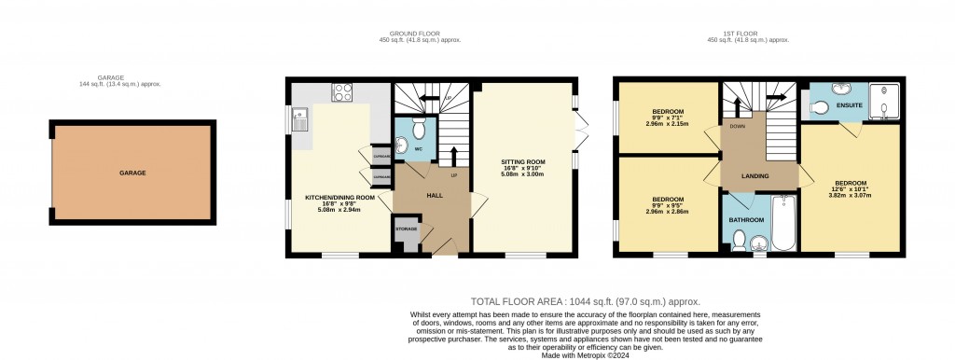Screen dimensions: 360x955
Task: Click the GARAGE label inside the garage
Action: [x=132, y=173]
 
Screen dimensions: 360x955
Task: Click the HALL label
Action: [x=435, y=195]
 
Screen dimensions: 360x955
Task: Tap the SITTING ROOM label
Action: [x=523, y=161]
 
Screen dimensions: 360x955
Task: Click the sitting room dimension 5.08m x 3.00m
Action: [x=523, y=173]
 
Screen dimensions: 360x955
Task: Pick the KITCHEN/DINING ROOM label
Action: [x=339, y=198]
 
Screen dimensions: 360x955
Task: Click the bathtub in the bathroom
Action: [x=782, y=224]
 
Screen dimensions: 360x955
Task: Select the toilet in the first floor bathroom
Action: [x=738, y=241]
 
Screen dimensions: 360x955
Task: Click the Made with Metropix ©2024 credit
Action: [x=585, y=354]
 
